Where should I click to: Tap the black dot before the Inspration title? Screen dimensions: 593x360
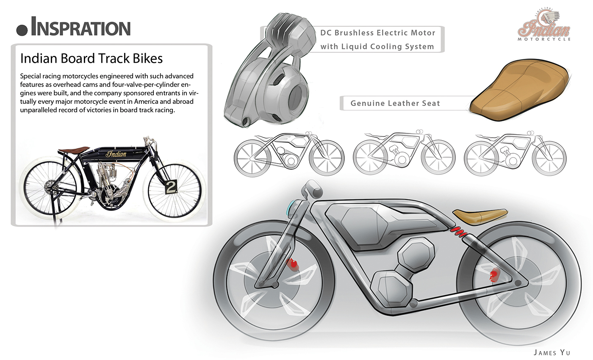pyautogui.click(x=22, y=29)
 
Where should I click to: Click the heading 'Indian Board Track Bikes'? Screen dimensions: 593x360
pyautogui.click(x=91, y=58)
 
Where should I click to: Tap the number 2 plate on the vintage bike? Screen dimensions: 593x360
pyautogui.click(x=171, y=187)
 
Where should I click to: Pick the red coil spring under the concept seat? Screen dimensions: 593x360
pyautogui.click(x=459, y=232)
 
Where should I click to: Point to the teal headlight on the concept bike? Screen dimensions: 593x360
pyautogui.click(x=291, y=208)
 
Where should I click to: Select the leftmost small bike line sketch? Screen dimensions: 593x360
pyautogui.click(x=289, y=152)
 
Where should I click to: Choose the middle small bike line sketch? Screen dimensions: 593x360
pyautogui.click(x=404, y=152)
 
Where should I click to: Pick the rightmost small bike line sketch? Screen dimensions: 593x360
pyautogui.click(x=515, y=152)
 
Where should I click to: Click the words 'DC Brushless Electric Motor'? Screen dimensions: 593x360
pyautogui.click(x=377, y=33)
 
